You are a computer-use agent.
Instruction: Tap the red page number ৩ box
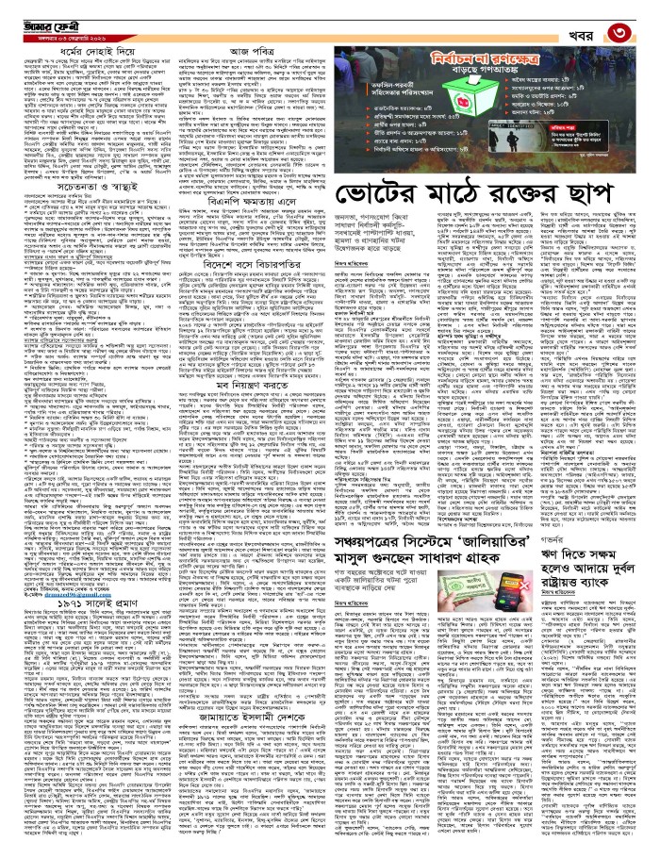(x=642, y=18)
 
